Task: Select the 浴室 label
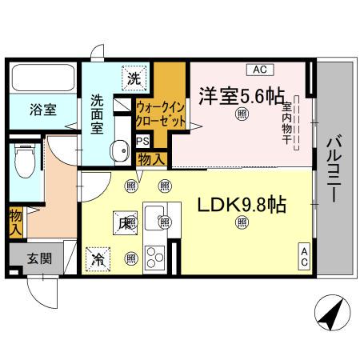(44, 110)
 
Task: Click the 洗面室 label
(98, 115)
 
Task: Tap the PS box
(143, 141)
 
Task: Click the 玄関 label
(36, 259)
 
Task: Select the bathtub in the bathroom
(43, 78)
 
